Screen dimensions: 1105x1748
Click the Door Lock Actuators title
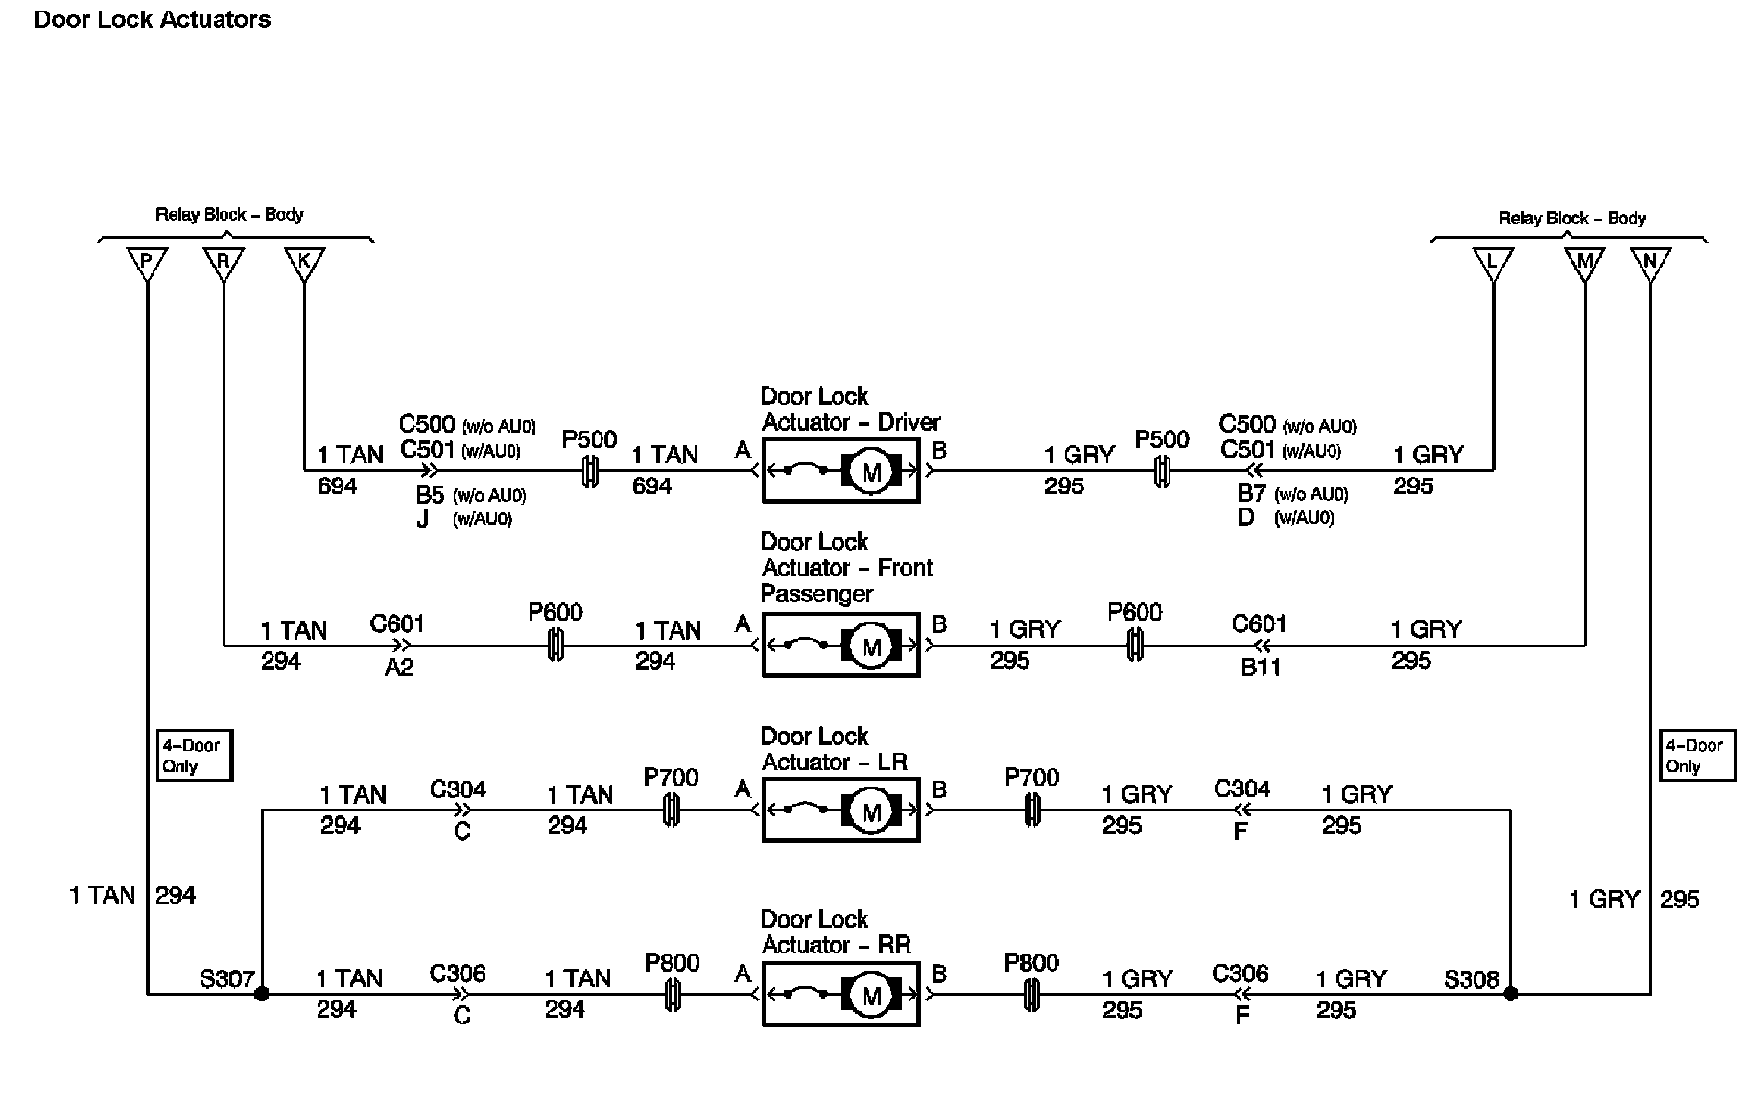pos(153,19)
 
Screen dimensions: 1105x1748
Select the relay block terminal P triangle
pos(147,262)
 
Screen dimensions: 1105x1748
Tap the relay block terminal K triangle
pos(305,262)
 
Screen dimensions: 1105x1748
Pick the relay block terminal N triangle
pos(1650,262)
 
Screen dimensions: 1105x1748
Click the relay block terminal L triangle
pos(1493,262)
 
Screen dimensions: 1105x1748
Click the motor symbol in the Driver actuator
pos(871,472)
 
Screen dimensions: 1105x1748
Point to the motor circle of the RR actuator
pos(871,997)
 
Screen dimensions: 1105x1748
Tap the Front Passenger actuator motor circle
pos(871,647)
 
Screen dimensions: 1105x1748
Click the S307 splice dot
pos(261,994)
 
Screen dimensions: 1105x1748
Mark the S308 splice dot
pos(1511,994)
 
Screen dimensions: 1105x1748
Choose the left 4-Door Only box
pos(194,756)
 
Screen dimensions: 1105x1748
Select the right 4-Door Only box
pos(1696,756)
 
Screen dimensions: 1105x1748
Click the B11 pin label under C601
pos(1261,668)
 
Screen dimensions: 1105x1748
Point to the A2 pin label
pos(399,668)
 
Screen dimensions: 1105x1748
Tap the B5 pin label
pos(430,495)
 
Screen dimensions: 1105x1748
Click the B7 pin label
pos(1252,494)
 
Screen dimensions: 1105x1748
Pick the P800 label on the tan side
pos(672,963)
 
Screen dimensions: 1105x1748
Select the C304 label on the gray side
pos(1241,788)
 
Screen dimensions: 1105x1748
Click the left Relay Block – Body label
pos(229,214)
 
